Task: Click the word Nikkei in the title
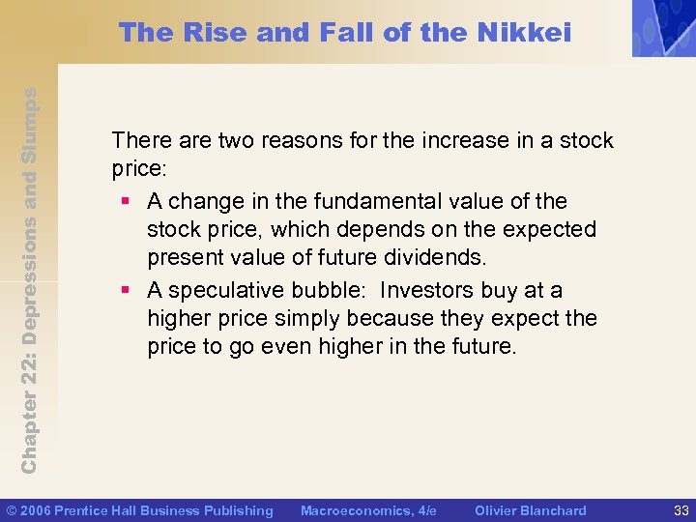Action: click(x=526, y=33)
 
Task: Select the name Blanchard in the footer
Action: click(x=552, y=510)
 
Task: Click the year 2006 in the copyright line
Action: click(x=38, y=510)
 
